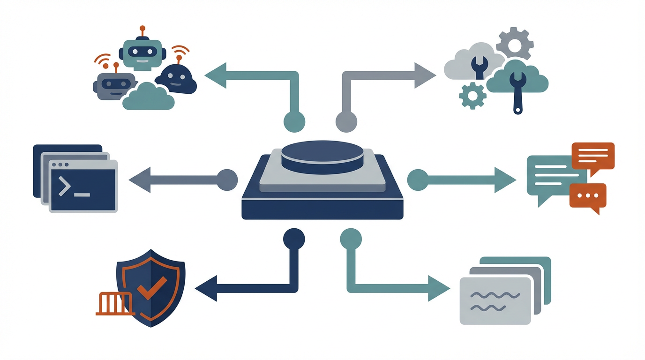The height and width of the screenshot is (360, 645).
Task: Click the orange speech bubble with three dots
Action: point(587,196)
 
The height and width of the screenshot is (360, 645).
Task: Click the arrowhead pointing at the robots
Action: point(216,75)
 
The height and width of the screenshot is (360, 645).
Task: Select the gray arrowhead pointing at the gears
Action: point(425,75)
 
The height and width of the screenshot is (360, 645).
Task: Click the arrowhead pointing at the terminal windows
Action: point(140,179)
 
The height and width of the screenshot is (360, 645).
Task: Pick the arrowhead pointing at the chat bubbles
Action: point(505,179)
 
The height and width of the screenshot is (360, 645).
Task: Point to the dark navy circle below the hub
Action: point(294,239)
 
